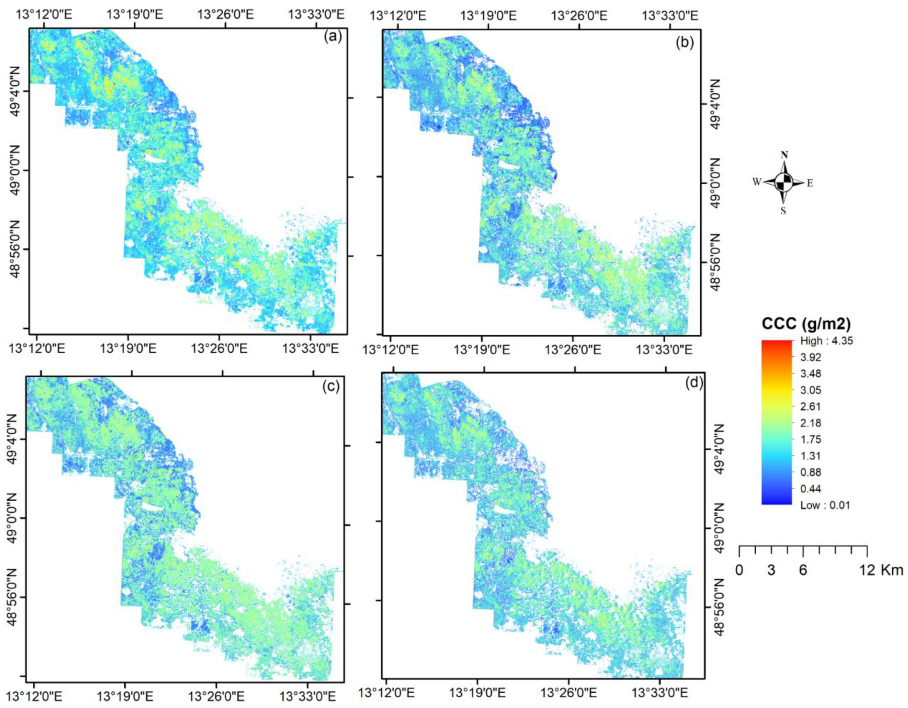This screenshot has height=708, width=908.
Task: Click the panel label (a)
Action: [x=332, y=37]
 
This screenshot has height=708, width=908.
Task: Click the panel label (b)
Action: [x=685, y=43]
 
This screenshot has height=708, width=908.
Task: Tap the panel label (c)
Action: [x=331, y=386]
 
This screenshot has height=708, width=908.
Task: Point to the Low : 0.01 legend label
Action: [x=825, y=505]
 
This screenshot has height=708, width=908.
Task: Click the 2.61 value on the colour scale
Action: [x=811, y=406]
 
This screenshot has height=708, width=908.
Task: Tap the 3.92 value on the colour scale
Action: [x=811, y=357]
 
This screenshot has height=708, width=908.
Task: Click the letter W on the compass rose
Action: [x=756, y=182]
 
